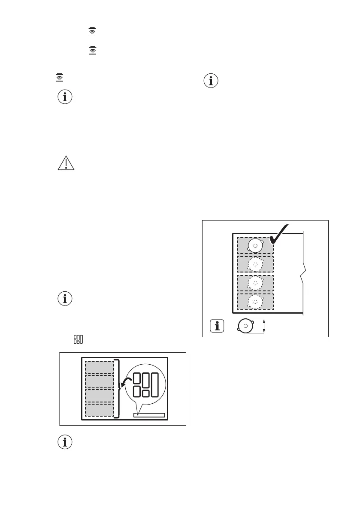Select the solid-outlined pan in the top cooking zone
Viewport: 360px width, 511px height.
(x=255, y=246)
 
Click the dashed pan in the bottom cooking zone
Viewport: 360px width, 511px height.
(x=255, y=302)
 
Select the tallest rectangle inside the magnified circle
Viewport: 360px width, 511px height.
(x=155, y=384)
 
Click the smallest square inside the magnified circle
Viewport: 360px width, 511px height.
(x=145, y=393)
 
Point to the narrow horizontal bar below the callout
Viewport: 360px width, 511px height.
(x=149, y=415)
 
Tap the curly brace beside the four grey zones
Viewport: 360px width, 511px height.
(x=118, y=388)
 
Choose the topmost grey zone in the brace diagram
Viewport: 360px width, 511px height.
(x=100, y=367)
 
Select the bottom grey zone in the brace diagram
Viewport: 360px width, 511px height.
(x=100, y=410)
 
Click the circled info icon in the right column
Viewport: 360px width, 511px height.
(x=211, y=81)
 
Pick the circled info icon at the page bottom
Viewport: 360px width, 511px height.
(x=65, y=443)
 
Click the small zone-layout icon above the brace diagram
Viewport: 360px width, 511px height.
(x=78, y=339)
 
